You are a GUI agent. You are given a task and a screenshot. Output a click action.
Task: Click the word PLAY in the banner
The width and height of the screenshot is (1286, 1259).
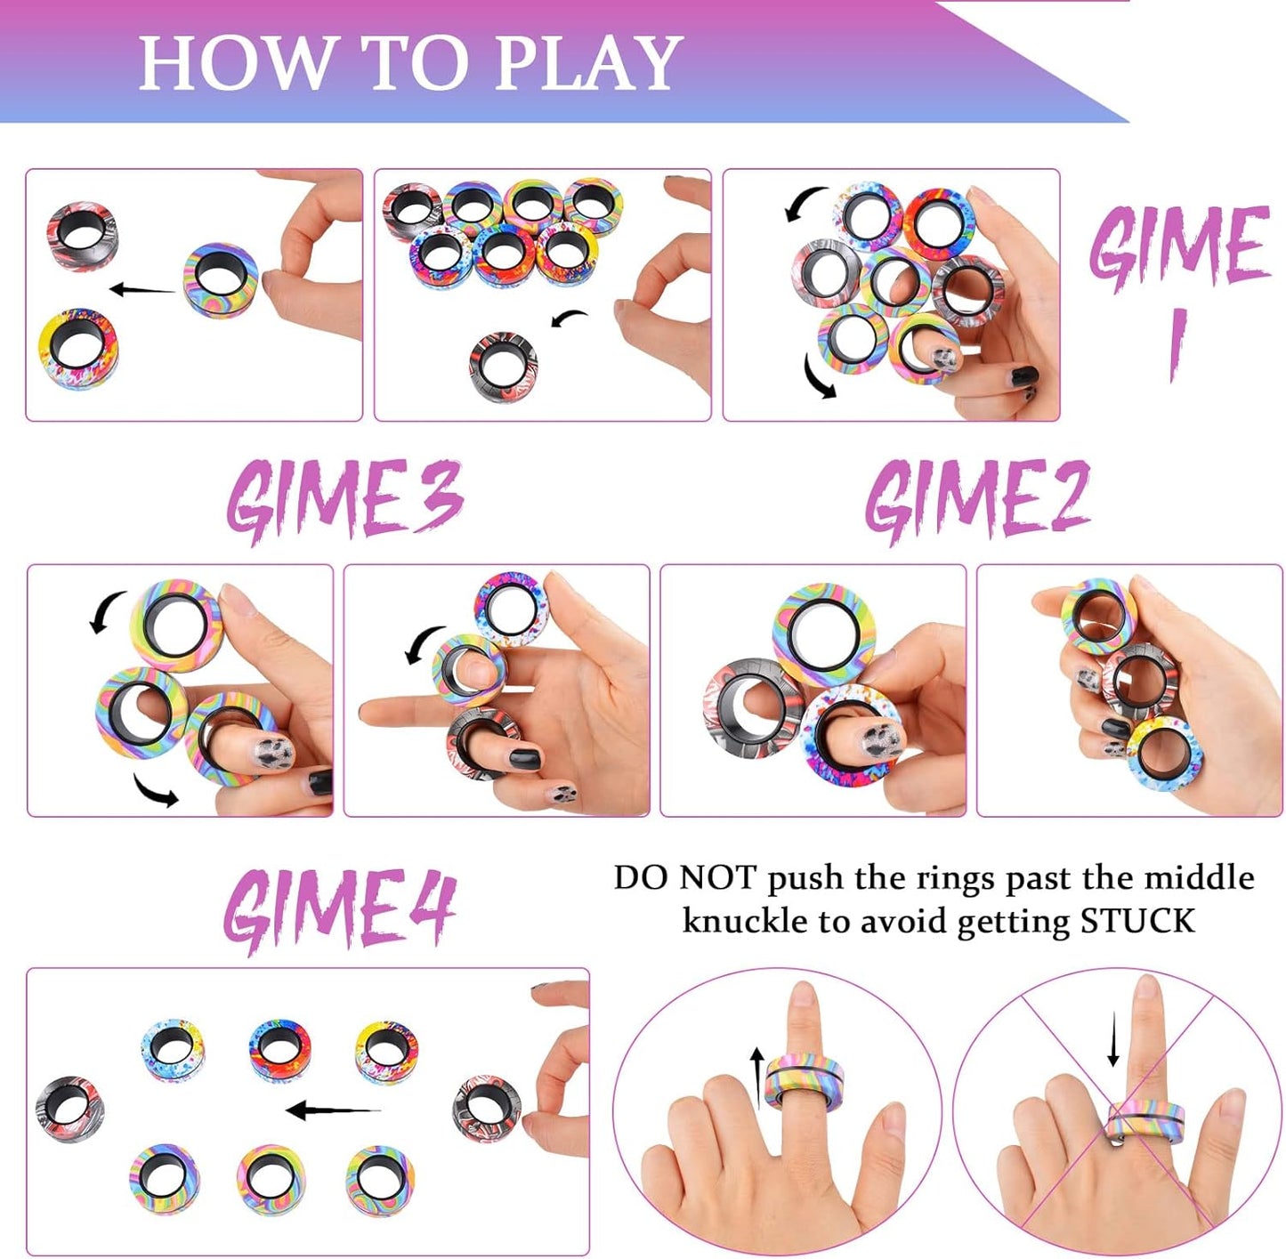(587, 63)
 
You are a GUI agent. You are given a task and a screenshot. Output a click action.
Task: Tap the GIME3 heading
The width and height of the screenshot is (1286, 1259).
(345, 498)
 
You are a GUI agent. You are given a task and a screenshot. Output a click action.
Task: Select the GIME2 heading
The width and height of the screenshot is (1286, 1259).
(977, 498)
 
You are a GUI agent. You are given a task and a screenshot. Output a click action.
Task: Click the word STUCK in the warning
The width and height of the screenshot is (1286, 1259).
(1136, 921)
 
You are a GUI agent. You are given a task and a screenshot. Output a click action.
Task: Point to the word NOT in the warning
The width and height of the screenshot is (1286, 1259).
(716, 878)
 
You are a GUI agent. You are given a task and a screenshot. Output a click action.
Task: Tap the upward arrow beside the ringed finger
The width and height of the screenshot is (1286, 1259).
(756, 1077)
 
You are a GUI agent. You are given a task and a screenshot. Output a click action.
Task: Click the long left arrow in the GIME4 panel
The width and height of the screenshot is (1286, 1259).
(333, 1110)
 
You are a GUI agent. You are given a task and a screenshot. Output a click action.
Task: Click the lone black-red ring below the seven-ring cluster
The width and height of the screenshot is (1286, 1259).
(503, 365)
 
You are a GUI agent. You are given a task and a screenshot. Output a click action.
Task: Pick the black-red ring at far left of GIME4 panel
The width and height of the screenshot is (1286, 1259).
(70, 1109)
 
